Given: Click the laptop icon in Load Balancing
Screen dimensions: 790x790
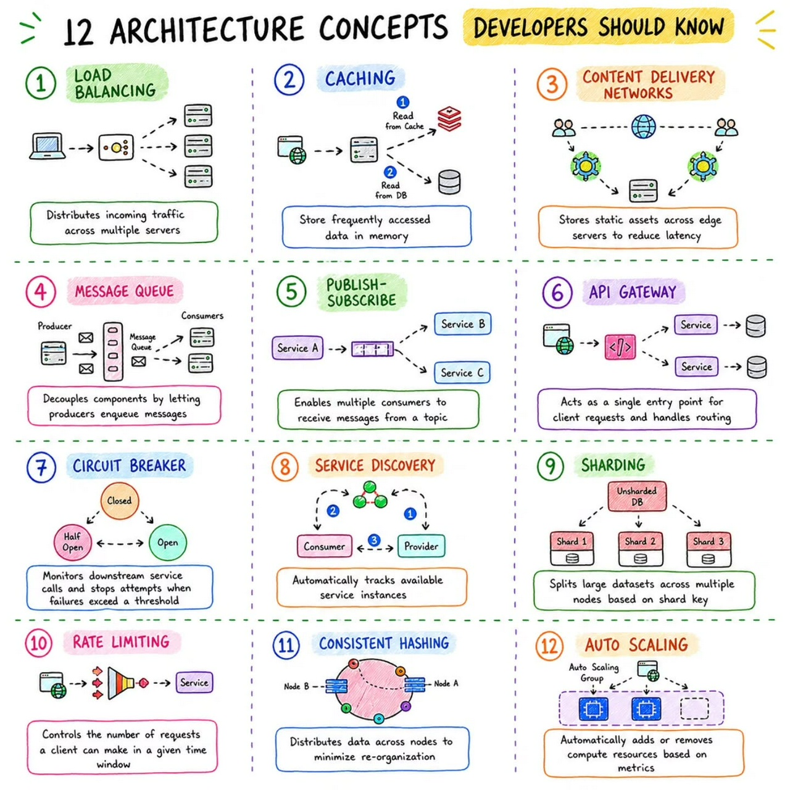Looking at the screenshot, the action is click(x=48, y=146).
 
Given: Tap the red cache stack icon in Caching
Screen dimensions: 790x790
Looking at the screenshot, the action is click(x=449, y=118).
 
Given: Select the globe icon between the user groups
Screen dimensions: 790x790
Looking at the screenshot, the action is click(x=643, y=127).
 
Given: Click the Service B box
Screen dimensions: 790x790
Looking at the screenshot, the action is click(x=462, y=324).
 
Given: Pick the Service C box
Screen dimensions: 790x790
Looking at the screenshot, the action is click(x=462, y=372).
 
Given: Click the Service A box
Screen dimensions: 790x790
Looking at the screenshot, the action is click(x=297, y=347).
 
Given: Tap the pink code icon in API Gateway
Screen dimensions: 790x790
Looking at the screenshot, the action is click(x=620, y=347).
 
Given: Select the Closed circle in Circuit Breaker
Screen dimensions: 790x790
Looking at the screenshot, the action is click(x=119, y=501).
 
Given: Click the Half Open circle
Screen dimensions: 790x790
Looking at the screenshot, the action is click(x=73, y=542).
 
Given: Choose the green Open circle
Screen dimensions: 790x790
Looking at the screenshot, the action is click(x=168, y=543).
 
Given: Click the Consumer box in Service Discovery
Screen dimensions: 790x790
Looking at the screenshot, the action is click(x=324, y=546).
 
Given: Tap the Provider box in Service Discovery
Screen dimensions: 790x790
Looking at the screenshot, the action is click(x=421, y=546).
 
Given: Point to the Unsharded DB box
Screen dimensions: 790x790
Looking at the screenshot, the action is click(x=637, y=496).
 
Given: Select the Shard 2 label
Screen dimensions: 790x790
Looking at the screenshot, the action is click(x=640, y=541).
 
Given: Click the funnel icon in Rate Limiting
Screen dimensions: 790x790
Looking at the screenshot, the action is click(x=121, y=683).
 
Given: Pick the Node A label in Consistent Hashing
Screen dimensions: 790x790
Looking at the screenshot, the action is click(x=446, y=683).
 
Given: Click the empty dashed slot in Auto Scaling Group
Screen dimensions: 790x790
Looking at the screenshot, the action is click(x=694, y=709).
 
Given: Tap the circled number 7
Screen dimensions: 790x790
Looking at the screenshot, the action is click(x=41, y=468).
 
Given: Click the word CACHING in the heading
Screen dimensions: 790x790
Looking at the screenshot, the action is click(x=360, y=78).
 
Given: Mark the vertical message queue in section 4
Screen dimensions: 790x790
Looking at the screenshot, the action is click(x=113, y=351).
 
